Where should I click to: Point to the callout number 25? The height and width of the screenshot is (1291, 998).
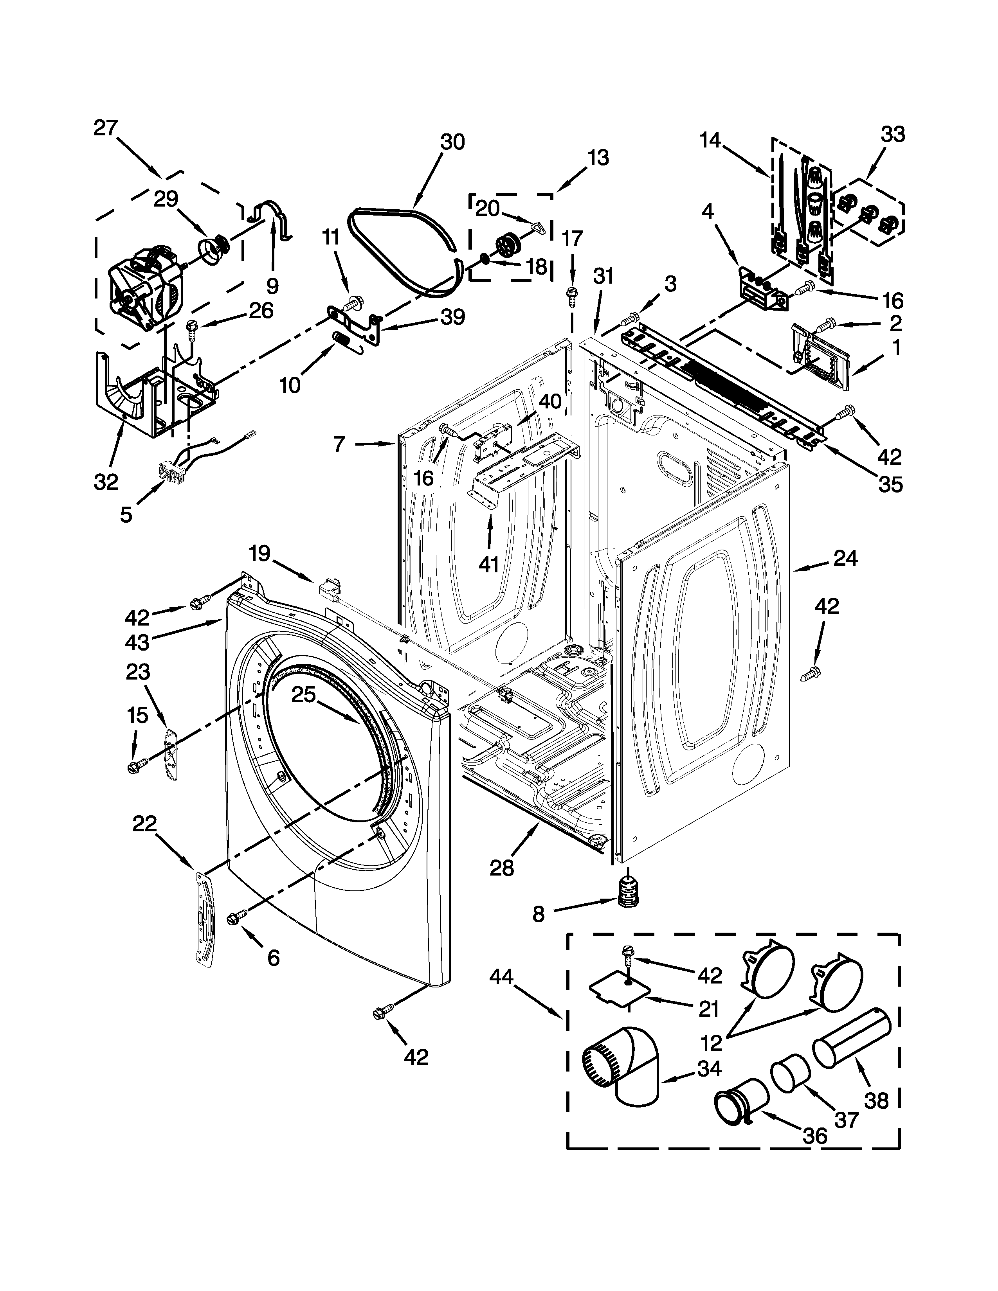pos(303,694)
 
